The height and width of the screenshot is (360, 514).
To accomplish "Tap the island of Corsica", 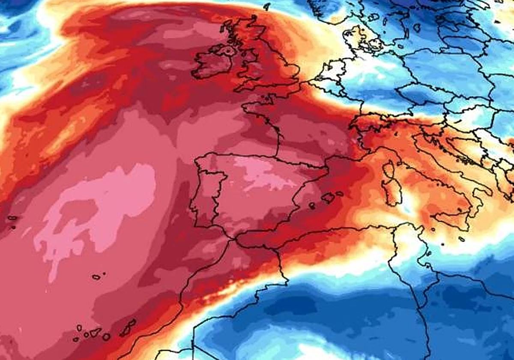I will pyautogui.click(x=389, y=169).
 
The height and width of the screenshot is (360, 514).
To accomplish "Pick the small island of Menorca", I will pyautogui.click(x=340, y=193).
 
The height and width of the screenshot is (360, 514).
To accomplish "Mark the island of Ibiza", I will pyautogui.click(x=312, y=206).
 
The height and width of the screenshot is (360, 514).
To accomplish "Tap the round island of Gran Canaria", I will pyautogui.click(x=106, y=337).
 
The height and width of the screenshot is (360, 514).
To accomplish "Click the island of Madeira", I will pyautogui.click(x=96, y=277).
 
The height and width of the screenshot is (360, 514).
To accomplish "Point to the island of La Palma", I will pyautogui.click(x=79, y=328).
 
